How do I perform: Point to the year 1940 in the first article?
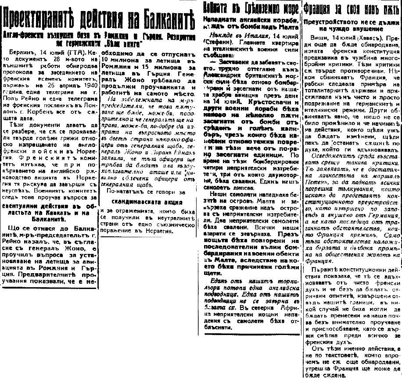click(90, 73)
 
